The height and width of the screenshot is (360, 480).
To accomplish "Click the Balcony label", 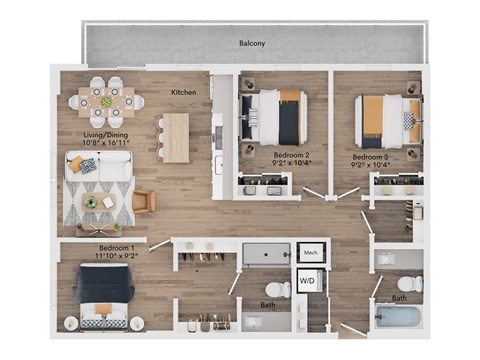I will pyautogui.click(x=251, y=43).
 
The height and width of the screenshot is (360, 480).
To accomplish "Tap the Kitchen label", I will pyautogui.click(x=183, y=93).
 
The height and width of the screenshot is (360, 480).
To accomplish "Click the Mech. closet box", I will pyautogui.click(x=310, y=253).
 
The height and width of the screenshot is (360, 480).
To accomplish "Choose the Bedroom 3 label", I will pyautogui.click(x=371, y=157).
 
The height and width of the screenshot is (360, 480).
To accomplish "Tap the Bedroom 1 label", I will pyautogui.click(x=116, y=247).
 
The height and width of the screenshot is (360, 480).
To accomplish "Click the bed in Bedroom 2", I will pyautogui.click(x=279, y=116).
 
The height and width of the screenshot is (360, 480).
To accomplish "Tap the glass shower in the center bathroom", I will pyautogui.click(x=265, y=253).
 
